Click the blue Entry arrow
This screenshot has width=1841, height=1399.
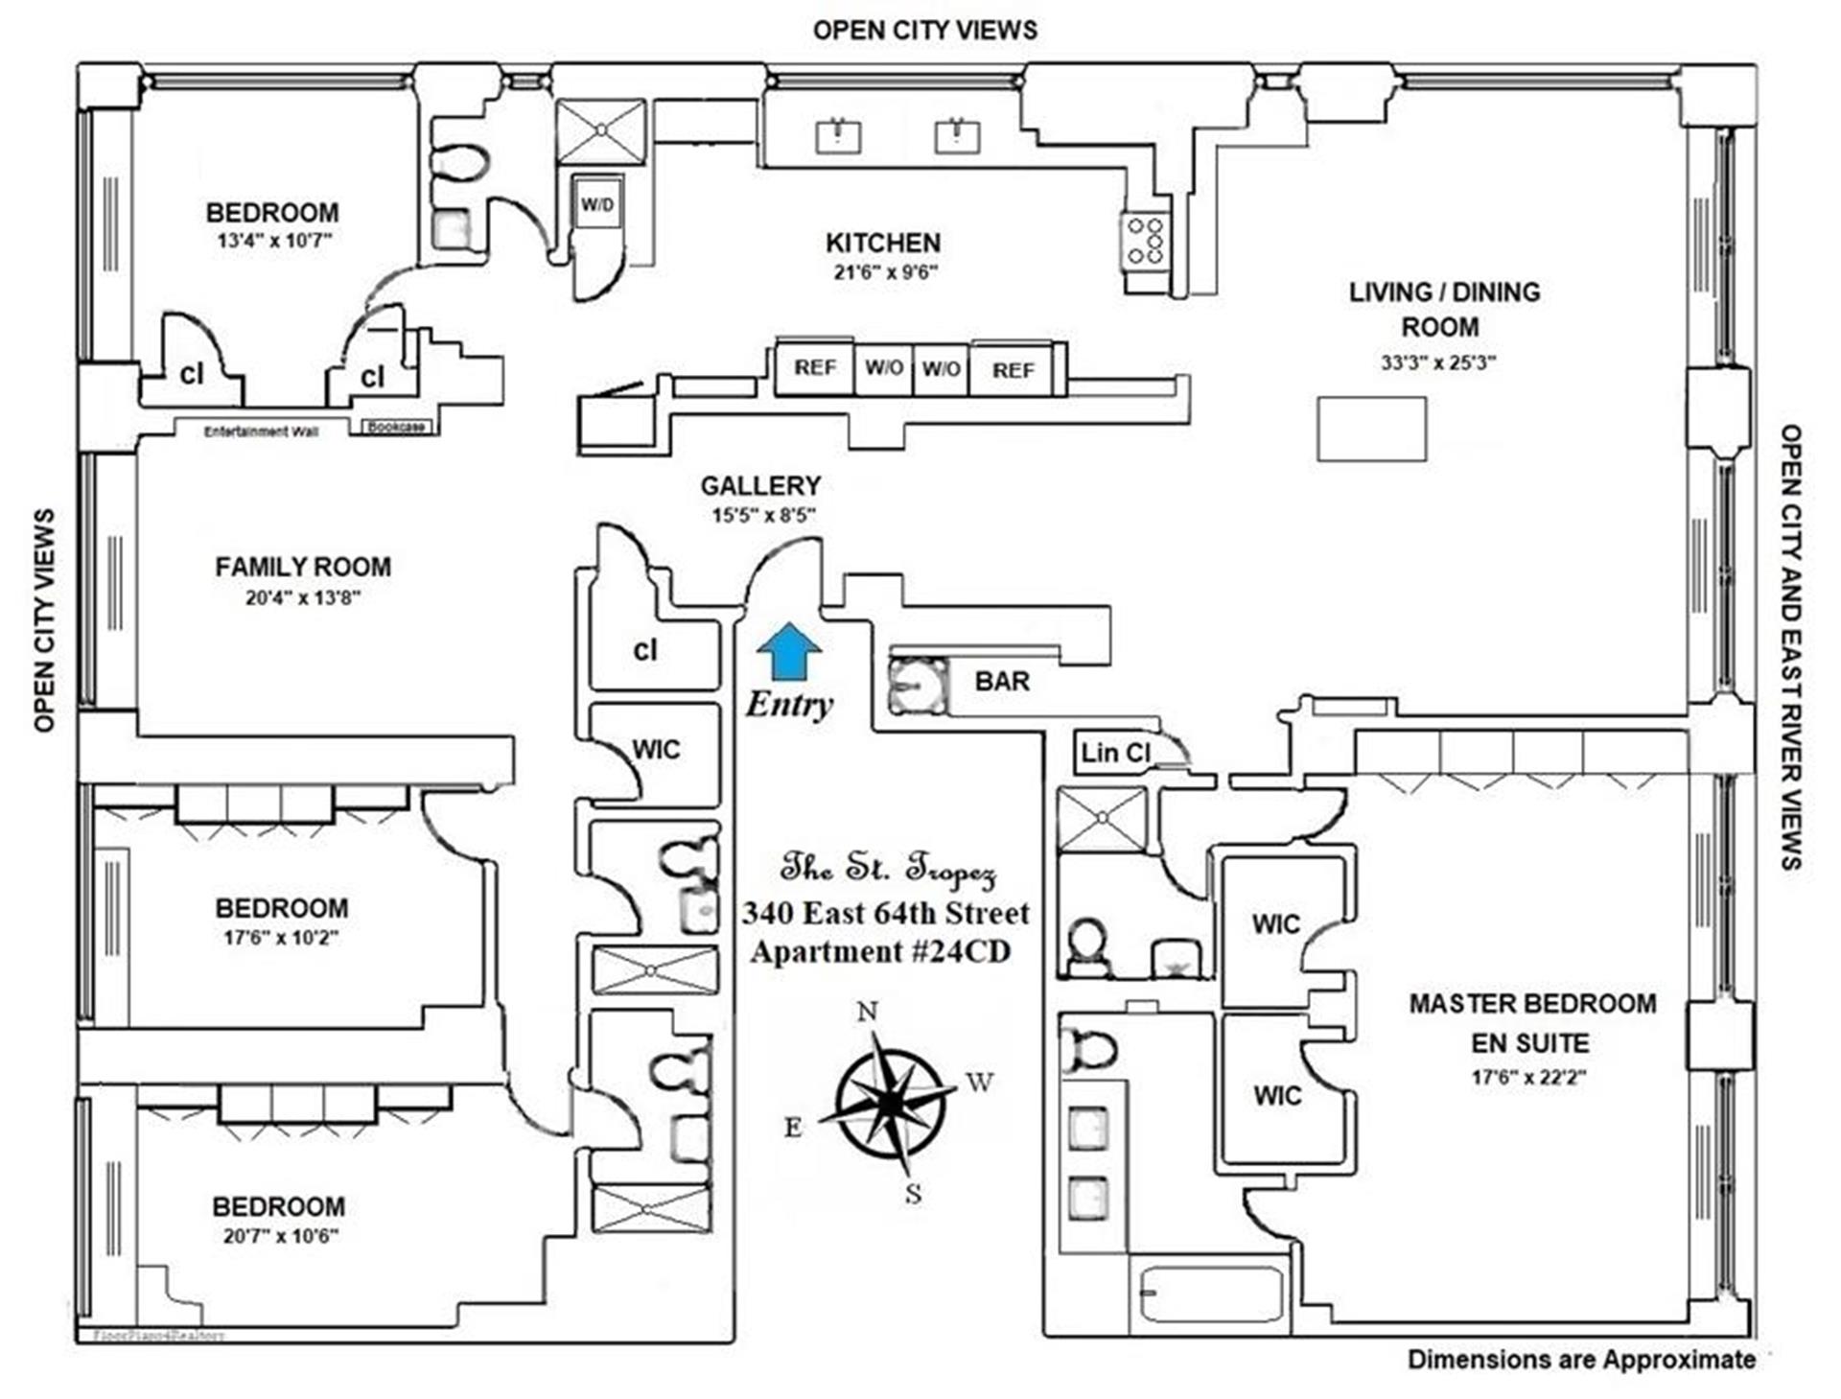tap(788, 652)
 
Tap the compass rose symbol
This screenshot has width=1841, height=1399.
tap(891, 1103)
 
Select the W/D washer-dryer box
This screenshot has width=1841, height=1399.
tap(597, 204)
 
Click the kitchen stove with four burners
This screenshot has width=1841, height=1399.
tap(1145, 241)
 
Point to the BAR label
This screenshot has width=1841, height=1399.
tap(1002, 682)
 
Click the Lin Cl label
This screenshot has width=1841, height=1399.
tap(1114, 753)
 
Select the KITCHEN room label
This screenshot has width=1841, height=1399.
tap(883, 244)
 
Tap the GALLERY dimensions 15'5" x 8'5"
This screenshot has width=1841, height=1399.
tap(762, 516)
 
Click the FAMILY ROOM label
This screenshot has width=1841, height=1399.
tap(303, 567)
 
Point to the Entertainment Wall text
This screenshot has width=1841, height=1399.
tap(261, 431)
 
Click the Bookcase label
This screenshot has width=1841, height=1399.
tap(396, 427)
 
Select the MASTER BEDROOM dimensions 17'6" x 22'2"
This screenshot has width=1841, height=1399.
tap(1528, 1078)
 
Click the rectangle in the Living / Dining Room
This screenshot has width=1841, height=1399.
tap(1371, 430)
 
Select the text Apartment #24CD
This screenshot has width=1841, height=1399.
tap(880, 952)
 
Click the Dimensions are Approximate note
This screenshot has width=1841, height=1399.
tap(1581, 1360)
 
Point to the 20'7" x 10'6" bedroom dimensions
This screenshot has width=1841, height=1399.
tap(281, 1237)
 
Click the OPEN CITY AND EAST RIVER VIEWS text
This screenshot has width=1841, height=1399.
tap(1790, 647)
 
